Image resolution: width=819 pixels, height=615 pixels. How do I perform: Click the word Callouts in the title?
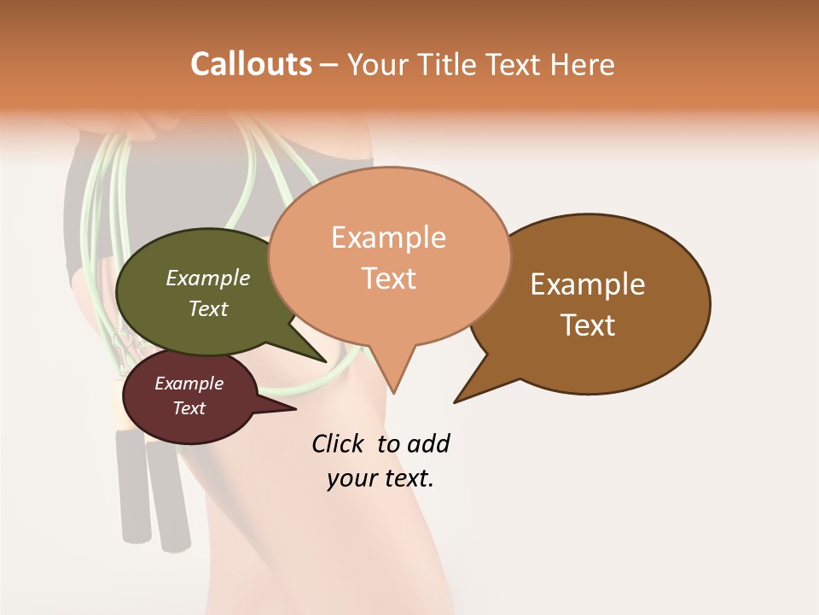(x=251, y=64)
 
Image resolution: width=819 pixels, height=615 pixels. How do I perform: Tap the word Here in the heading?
(x=583, y=65)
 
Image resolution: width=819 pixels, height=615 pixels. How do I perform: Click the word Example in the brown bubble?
(x=588, y=284)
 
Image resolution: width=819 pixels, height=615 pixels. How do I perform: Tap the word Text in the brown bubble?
(x=588, y=325)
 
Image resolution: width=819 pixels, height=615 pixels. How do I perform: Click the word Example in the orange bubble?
(x=388, y=237)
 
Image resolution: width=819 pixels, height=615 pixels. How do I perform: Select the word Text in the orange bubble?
(x=389, y=278)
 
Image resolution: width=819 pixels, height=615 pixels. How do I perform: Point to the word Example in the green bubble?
(x=208, y=278)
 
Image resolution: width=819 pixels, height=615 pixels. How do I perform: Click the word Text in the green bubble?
(x=208, y=308)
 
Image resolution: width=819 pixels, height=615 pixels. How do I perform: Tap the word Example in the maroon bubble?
(x=189, y=384)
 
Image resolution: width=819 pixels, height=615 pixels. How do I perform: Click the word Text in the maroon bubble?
(x=189, y=408)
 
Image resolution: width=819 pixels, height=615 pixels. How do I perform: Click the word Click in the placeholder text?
(x=339, y=443)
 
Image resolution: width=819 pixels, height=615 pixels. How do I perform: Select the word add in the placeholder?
(x=428, y=443)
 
